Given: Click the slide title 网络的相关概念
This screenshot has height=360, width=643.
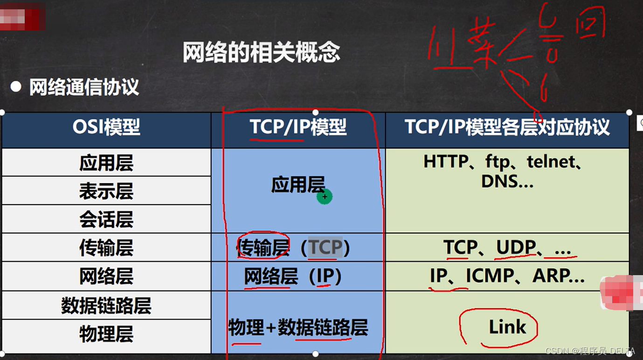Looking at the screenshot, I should [261, 53].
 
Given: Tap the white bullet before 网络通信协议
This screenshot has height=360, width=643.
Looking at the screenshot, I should [16, 87].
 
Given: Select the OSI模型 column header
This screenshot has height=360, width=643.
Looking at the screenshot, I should [106, 127].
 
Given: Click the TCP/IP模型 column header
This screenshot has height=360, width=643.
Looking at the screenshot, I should [298, 127].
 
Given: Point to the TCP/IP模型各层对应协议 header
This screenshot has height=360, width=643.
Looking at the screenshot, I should [507, 127].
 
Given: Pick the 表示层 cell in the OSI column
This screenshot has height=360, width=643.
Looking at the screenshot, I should [106, 191].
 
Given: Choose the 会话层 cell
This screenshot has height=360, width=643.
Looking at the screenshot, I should [106, 220].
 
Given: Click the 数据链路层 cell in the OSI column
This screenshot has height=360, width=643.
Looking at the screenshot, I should [106, 306].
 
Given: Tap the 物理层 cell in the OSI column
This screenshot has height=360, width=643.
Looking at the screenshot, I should [106, 334].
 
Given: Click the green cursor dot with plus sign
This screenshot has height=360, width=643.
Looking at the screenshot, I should [325, 197].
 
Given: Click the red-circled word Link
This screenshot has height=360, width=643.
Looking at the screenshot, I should [507, 327].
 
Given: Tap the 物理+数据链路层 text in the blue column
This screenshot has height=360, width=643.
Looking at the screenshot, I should [298, 328].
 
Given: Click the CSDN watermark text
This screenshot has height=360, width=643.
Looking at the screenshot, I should [590, 351].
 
